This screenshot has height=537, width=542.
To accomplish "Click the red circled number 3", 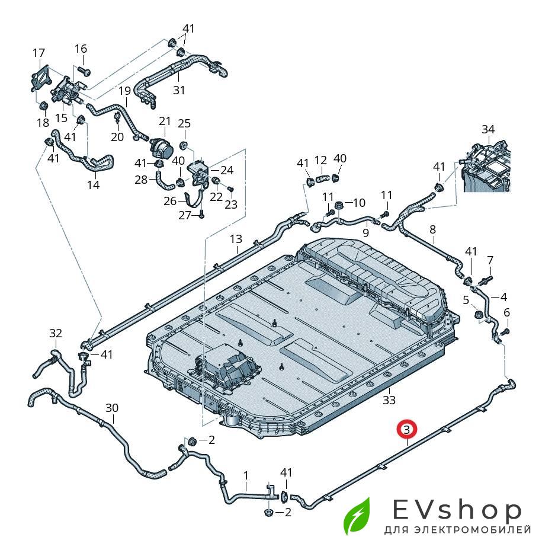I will pyautogui.click(x=407, y=429).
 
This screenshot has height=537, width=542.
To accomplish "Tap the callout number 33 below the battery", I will pyautogui.click(x=389, y=400).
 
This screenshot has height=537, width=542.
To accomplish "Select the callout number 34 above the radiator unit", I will pyautogui.click(x=488, y=129).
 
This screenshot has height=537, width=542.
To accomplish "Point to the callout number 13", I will pyautogui.click(x=236, y=239).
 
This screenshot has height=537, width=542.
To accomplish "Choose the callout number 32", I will pyautogui.click(x=56, y=334).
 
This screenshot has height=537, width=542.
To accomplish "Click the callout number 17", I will pyautogui.click(x=39, y=53).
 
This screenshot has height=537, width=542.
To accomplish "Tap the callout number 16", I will pyautogui.click(x=81, y=49).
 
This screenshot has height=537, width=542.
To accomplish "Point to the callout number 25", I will pyautogui.click(x=184, y=123).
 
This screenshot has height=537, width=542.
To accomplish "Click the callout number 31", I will pyautogui.click(x=179, y=90).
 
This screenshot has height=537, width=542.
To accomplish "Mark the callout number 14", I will pyautogui.click(x=93, y=185).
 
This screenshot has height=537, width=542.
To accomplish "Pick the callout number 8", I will pyautogui.click(x=432, y=229).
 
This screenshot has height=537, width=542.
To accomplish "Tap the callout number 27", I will pyautogui.click(x=185, y=215).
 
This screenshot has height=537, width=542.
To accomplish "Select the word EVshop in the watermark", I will pyautogui.click(x=457, y=510).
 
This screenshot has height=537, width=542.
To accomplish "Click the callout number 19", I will pyautogui.click(x=124, y=91).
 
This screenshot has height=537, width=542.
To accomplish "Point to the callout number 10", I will pyautogui.click(x=359, y=203).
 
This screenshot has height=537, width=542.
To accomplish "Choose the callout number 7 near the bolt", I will pyautogui.click(x=490, y=260).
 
